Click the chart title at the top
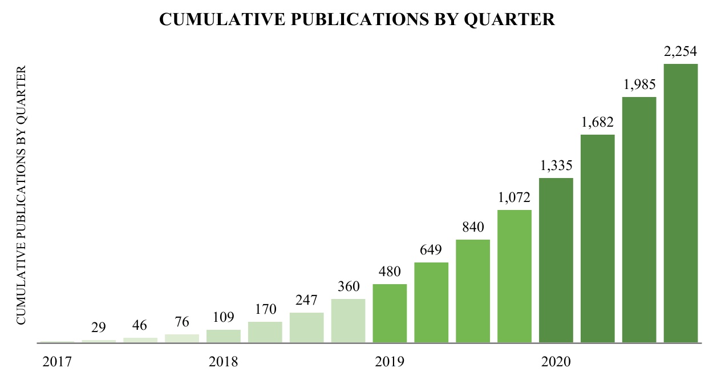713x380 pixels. (x=356, y=19)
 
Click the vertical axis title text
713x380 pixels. (x=21, y=196)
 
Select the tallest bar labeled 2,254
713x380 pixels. (x=681, y=204)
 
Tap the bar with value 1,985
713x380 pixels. (x=639, y=220)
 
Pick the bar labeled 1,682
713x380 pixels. (x=597, y=239)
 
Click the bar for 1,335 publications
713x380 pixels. (x=556, y=261)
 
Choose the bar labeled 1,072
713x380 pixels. (x=515, y=277)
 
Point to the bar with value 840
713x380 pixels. (x=473, y=292)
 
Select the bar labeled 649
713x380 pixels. (x=431, y=303)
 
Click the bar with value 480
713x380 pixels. (x=390, y=314)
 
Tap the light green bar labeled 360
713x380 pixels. (x=348, y=321)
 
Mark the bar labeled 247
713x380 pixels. (x=306, y=328)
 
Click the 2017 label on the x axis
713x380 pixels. (x=57, y=362)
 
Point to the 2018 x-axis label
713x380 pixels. (x=224, y=362)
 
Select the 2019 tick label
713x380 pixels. (x=390, y=362)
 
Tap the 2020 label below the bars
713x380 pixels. (x=556, y=362)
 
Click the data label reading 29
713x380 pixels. (x=98, y=328)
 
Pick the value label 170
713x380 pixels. (x=265, y=309)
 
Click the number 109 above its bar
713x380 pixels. (x=224, y=317)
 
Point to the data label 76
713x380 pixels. (x=182, y=322)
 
